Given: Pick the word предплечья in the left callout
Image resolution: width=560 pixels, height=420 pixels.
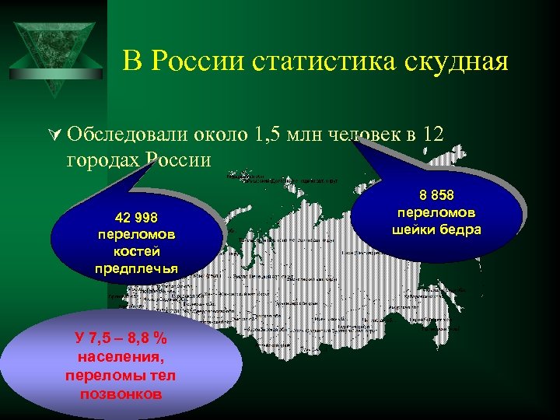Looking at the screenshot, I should [x=136, y=268].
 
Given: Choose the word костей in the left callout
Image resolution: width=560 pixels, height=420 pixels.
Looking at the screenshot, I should [x=136, y=251].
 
